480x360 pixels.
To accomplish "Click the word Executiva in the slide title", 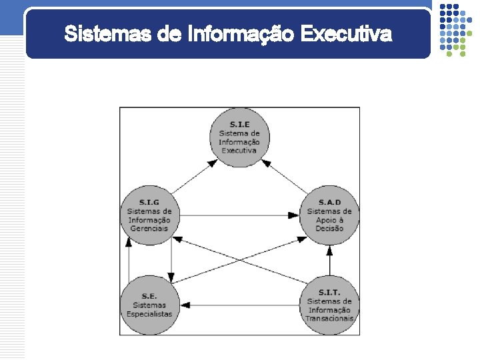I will [x=346, y=33].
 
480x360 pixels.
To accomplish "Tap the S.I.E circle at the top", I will [x=239, y=137].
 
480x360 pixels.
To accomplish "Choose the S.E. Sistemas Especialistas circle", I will [x=149, y=305].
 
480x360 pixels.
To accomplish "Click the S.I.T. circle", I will [x=329, y=305].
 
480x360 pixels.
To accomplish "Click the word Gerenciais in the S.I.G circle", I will [x=149, y=229].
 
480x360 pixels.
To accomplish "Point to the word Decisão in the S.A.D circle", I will [x=329, y=229].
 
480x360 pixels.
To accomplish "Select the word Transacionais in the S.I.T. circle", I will [x=329, y=318].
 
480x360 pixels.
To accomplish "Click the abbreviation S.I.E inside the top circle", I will [x=240, y=125].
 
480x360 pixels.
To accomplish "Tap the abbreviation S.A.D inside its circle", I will [x=329, y=203].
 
